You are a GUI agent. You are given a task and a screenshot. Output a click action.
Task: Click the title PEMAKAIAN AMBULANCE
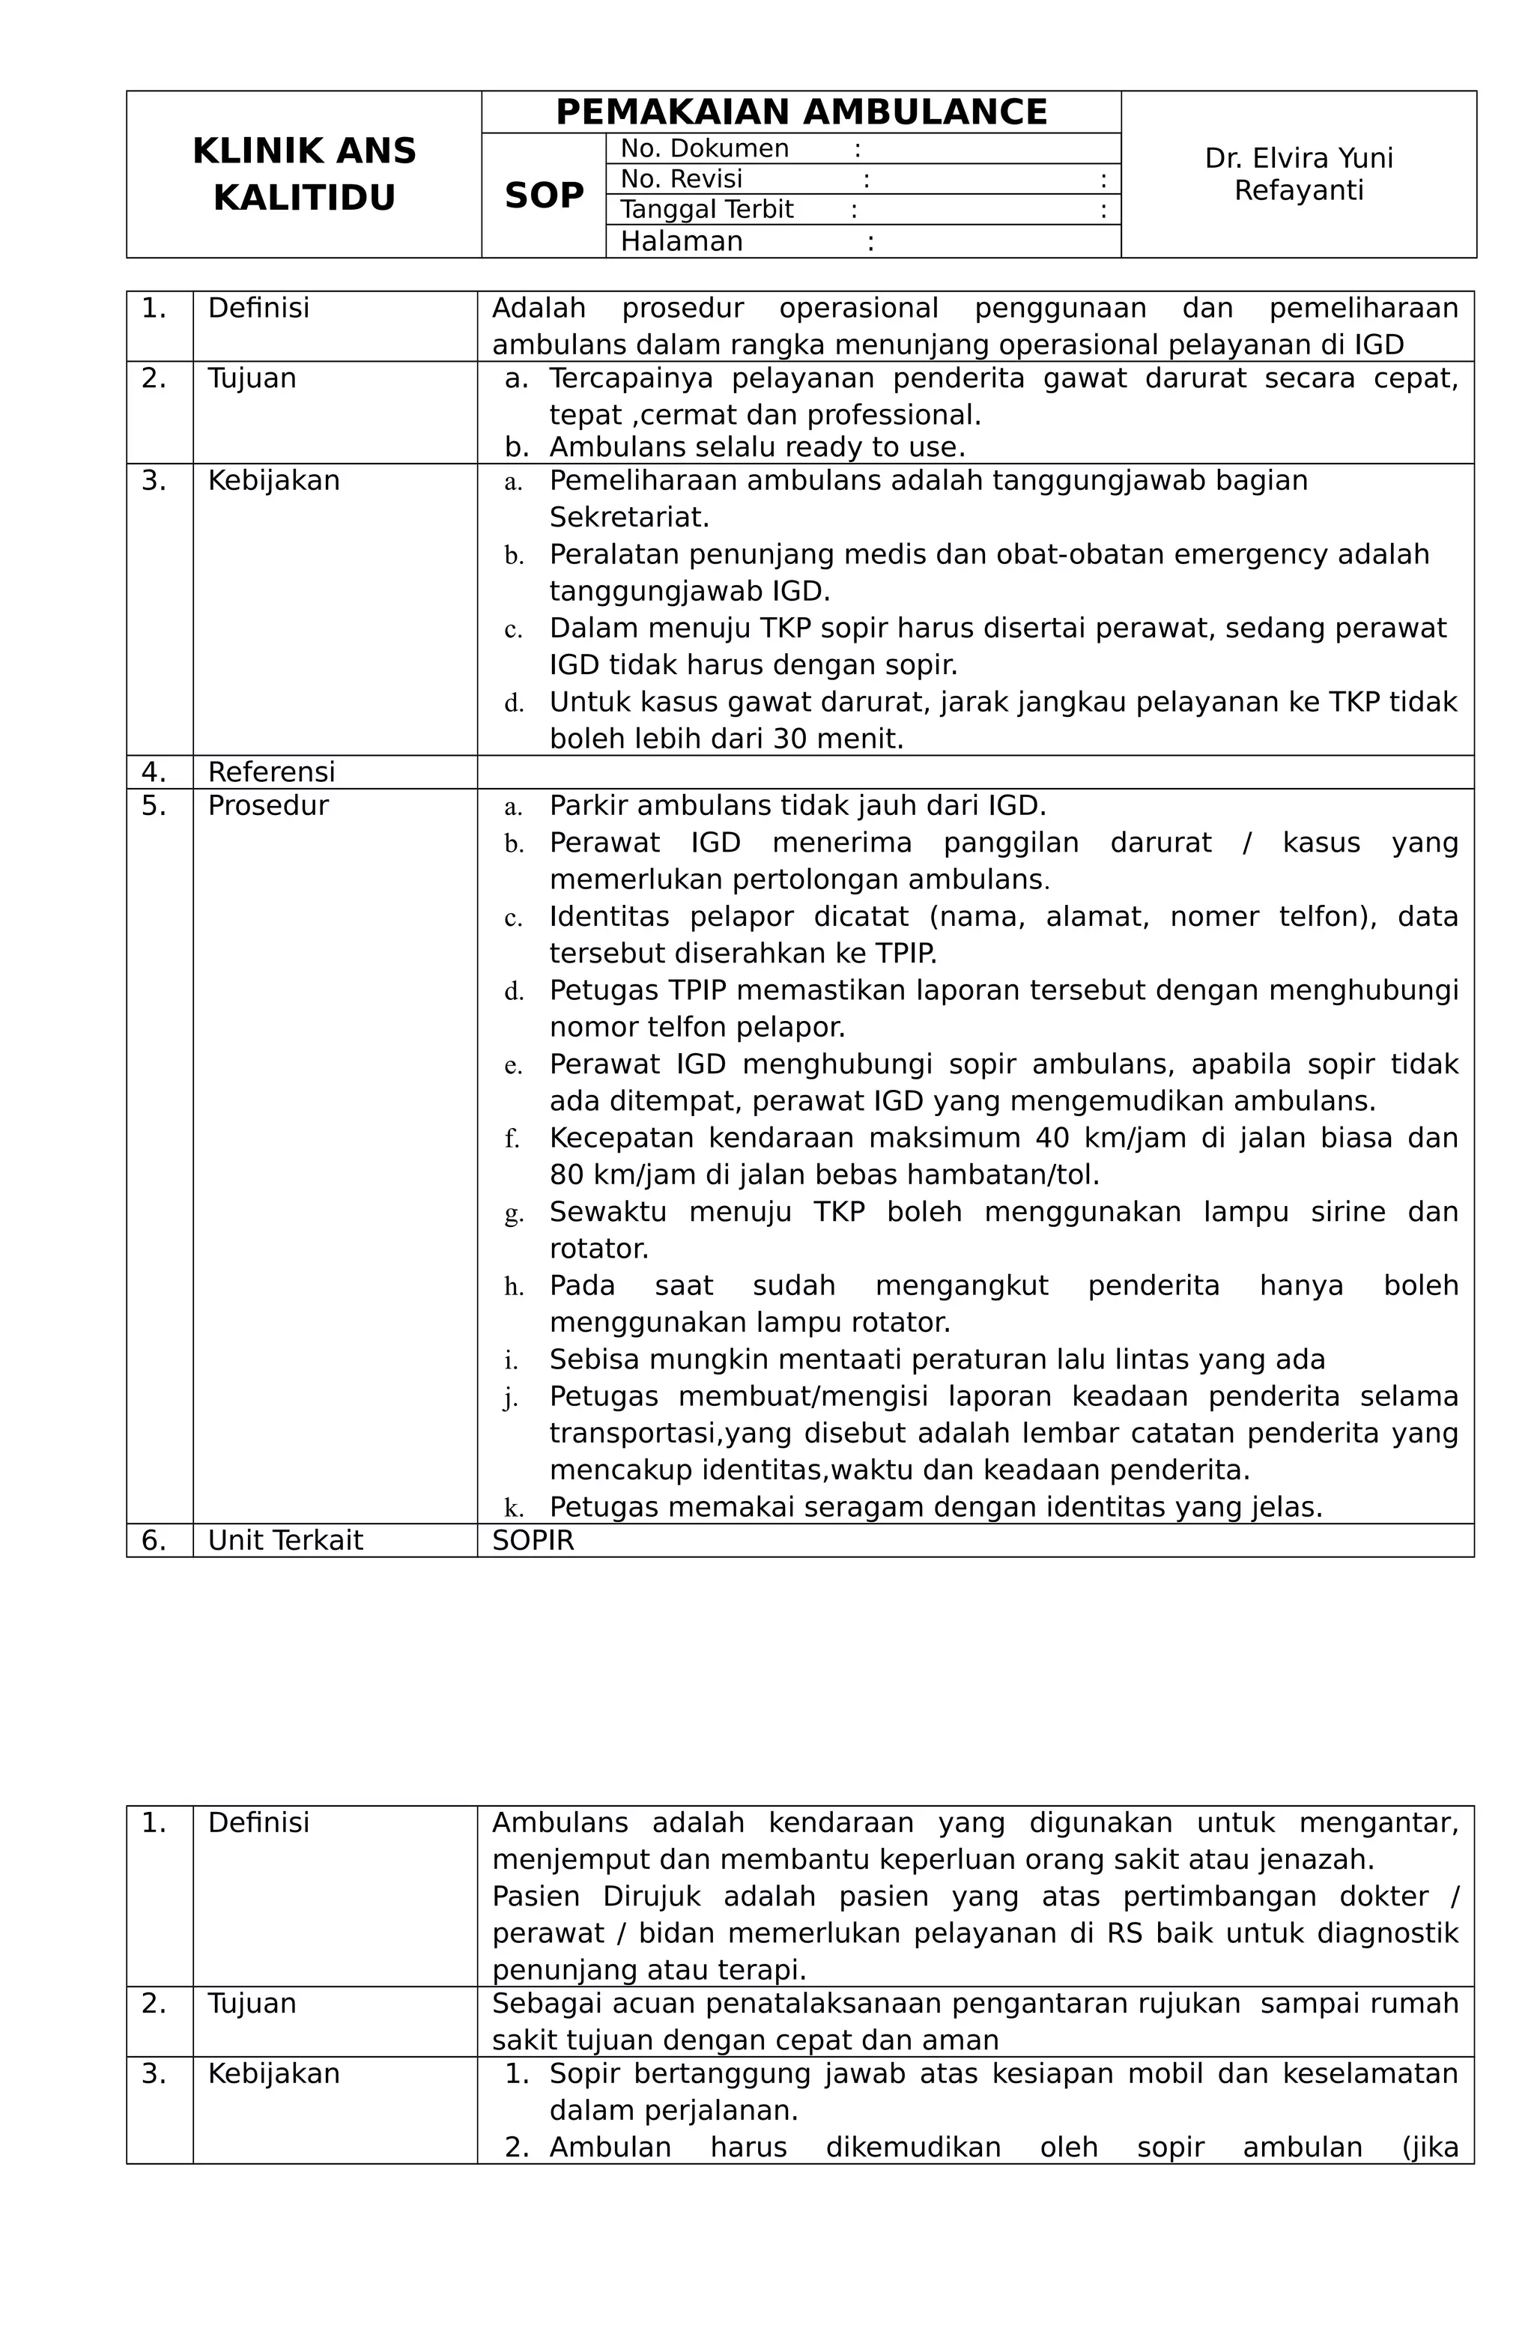coord(801,112)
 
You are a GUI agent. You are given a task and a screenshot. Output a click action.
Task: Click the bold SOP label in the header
coord(545,196)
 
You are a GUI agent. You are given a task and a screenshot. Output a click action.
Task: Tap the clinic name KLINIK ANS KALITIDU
coord(303,175)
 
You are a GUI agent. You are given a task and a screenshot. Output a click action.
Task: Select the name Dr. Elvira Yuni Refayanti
coord(1297,175)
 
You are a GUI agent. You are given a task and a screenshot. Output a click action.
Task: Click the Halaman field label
coord(681,241)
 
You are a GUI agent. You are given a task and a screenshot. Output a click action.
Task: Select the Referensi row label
coord(271,772)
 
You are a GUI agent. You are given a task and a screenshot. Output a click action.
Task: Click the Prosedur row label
coord(267,805)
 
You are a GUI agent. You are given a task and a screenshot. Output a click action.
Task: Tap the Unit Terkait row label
coord(285,1541)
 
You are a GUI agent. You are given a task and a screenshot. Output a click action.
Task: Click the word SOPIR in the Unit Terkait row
coord(533,1541)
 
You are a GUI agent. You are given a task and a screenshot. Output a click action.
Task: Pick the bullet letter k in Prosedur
coord(512,1508)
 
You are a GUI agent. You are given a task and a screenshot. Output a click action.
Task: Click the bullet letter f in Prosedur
coord(512,1139)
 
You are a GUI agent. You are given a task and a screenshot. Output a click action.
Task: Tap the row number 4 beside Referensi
coord(153,772)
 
